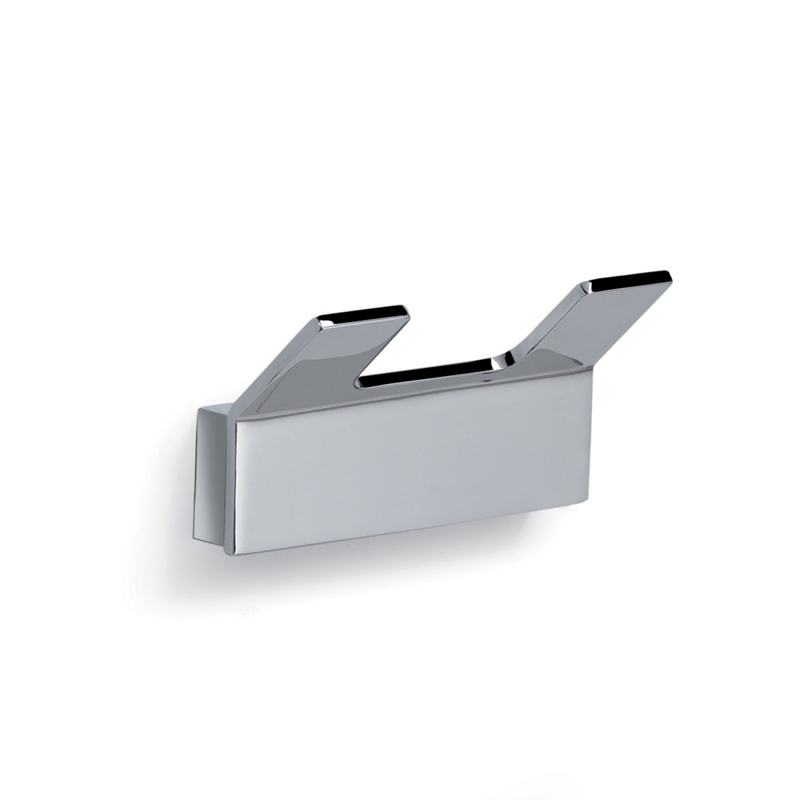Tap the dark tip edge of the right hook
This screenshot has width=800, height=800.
click(x=627, y=278)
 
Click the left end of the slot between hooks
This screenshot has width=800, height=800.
click(x=360, y=383)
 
